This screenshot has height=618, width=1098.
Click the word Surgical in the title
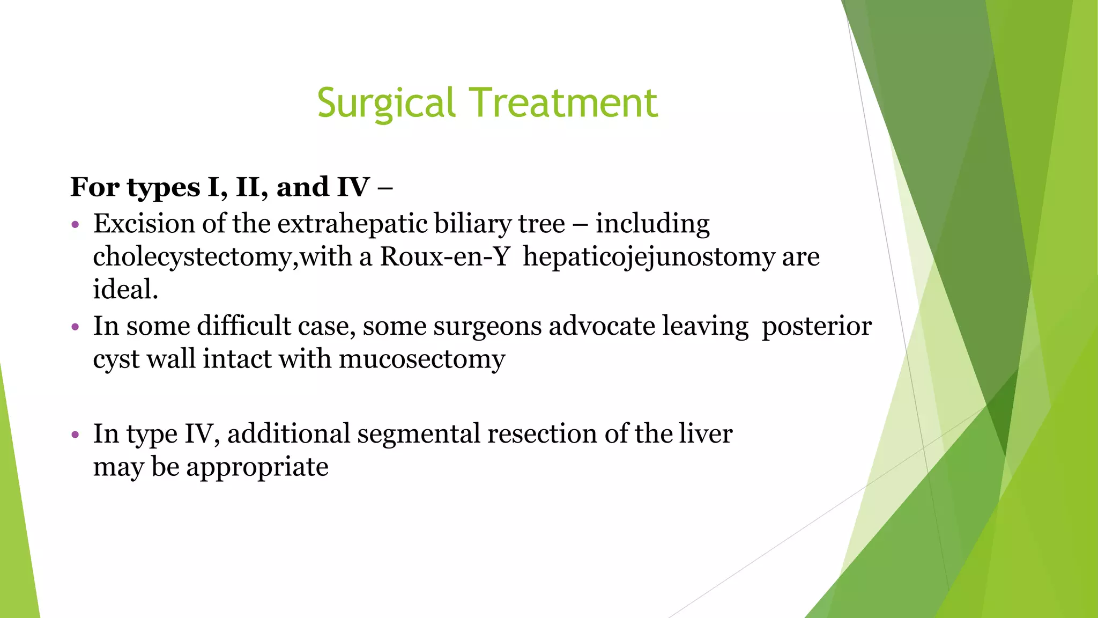point(386,103)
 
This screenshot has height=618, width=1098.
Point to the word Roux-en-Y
point(444,257)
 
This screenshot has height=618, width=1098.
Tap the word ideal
point(125,290)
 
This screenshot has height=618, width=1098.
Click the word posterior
point(817,326)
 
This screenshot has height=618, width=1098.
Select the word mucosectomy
point(422,359)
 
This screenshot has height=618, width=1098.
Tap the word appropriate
point(257,467)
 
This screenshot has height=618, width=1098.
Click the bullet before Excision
point(76,225)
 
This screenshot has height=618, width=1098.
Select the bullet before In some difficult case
point(76,327)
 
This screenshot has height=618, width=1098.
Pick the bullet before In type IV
point(76,435)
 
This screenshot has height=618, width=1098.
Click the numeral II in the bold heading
point(251,187)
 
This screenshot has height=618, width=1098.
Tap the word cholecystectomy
point(192,257)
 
